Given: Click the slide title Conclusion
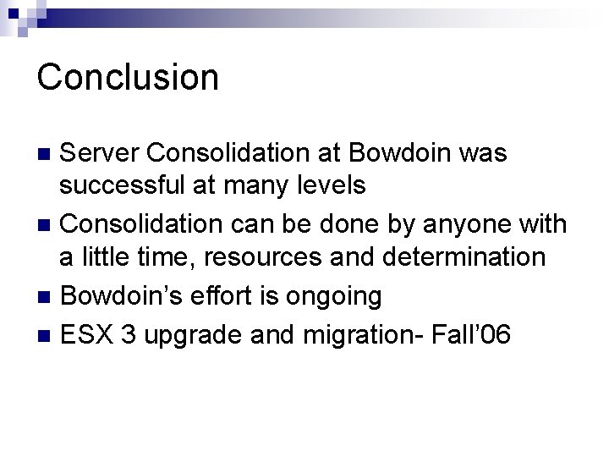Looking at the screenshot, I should (128, 76).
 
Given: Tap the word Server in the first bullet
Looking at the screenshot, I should (101, 153).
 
